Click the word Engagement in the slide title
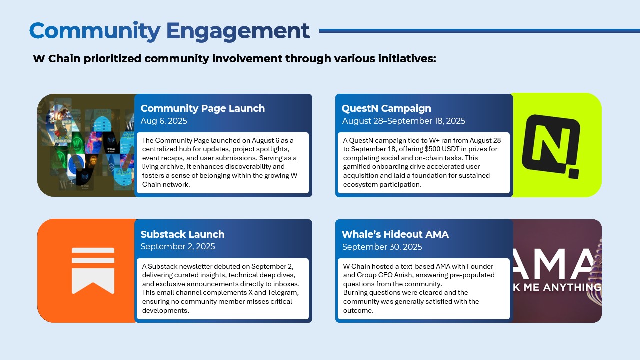click(238, 31)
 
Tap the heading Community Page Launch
click(202, 108)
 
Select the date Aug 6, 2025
click(163, 121)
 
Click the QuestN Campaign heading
click(386, 108)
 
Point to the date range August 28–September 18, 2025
click(403, 121)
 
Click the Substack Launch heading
click(182, 234)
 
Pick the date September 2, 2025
click(177, 246)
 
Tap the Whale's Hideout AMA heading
click(395, 234)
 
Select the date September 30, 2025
click(382, 247)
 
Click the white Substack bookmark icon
click(93, 270)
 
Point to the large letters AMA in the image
click(555, 264)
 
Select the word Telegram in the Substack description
click(282, 293)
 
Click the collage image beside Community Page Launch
click(86, 145)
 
